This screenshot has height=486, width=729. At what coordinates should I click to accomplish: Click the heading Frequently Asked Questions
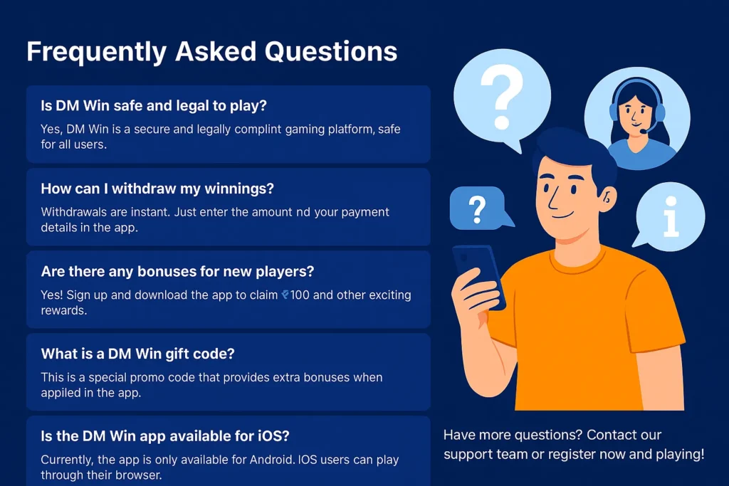(x=211, y=51)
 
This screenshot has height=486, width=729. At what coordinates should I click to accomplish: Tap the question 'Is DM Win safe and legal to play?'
(x=154, y=106)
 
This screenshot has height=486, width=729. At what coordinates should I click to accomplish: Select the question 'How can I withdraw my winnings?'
(x=157, y=189)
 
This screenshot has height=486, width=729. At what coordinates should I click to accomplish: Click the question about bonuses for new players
(x=177, y=271)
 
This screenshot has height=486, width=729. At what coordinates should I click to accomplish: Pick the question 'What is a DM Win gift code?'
(x=137, y=354)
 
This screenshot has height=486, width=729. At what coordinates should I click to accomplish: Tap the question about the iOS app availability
(x=165, y=436)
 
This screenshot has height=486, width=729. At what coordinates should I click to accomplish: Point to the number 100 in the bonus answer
(x=300, y=295)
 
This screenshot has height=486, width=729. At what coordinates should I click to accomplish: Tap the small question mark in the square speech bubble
(x=477, y=209)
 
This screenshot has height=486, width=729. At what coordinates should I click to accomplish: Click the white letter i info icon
(x=671, y=216)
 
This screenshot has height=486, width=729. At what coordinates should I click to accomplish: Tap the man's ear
(x=607, y=199)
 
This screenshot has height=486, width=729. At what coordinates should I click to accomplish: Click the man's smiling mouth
(x=562, y=216)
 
